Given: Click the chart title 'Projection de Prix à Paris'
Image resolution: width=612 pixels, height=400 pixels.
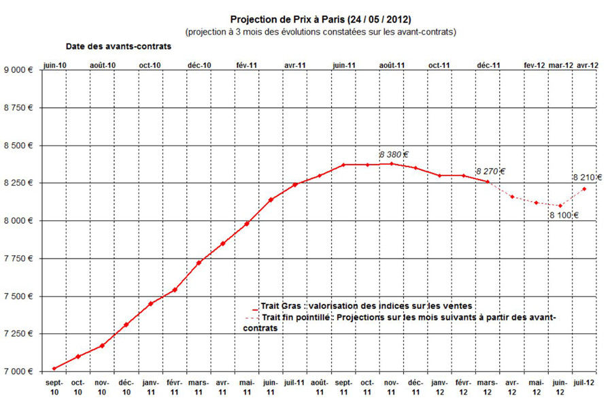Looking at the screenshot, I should coord(320,20).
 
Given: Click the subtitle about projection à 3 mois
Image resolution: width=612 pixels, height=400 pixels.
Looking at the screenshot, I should coord(320,32).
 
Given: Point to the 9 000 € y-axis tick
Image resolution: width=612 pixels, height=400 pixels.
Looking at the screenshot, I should coord(19,70).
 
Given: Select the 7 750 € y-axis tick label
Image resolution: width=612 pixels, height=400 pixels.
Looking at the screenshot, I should coord(19,259).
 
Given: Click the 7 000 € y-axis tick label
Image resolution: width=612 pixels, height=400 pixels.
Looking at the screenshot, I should coord(19,371).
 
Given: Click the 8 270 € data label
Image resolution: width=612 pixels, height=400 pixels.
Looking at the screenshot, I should coord(490,171).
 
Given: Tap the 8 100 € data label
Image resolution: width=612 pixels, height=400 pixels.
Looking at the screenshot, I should coord(564,216).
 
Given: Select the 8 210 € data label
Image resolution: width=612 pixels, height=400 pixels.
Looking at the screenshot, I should coord(587,178).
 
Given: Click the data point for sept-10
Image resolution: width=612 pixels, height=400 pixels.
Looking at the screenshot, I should coord(54,368).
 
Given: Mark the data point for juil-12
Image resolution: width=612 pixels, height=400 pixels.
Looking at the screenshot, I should coord(584,189).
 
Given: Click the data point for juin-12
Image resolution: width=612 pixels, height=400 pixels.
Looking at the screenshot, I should coord(560,205).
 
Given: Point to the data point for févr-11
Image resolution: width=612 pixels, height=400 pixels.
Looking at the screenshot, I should coord(175,290).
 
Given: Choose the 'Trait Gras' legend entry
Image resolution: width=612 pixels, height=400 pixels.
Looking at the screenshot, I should coord(367,307).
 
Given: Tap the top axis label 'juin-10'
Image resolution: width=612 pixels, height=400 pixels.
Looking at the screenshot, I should coord(54,65).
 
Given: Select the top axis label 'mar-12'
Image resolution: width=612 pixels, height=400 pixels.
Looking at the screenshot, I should coord(560,65).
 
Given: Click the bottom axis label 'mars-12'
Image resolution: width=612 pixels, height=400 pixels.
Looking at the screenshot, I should coord(487,388).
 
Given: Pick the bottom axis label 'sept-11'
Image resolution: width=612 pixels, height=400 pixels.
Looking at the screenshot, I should coord(343,388).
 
